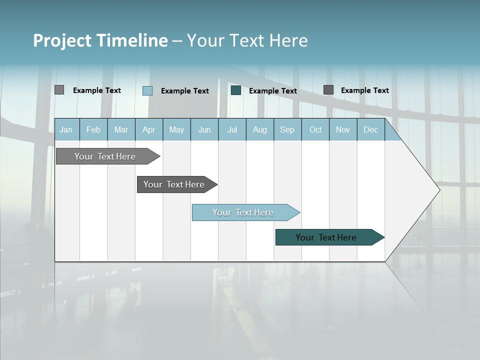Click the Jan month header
point(66,129)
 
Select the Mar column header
point(121,129)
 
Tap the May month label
point(176,129)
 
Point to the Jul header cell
point(232,129)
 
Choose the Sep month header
point(287,129)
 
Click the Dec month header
point(370,129)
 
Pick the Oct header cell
point(315,129)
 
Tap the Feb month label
point(93,129)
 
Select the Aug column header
point(259,129)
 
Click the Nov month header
point(343,129)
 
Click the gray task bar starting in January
point(105,156)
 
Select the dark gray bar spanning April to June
point(174,184)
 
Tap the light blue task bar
point(243,212)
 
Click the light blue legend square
point(147,90)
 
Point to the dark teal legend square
point(236,90)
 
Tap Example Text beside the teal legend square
point(272,91)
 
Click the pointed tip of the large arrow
point(438,189)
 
